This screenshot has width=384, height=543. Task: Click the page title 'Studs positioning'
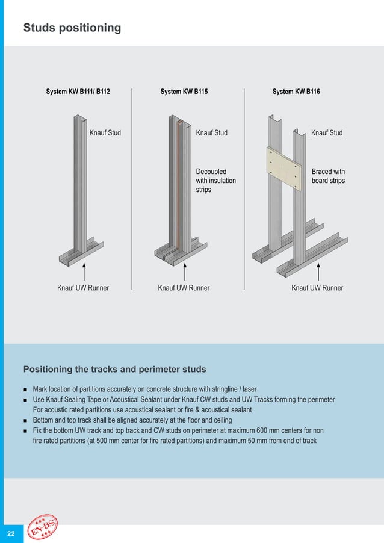(72, 28)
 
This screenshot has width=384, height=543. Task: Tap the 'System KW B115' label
(184, 92)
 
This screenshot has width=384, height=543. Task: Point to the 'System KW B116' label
(296, 92)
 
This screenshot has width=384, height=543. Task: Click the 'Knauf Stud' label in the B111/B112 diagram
(105, 133)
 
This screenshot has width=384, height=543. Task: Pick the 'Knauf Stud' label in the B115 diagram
(212, 133)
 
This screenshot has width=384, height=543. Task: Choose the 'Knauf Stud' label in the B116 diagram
(327, 133)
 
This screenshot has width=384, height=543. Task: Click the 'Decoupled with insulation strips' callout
(215, 181)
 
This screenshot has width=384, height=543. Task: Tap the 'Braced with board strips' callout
(328, 176)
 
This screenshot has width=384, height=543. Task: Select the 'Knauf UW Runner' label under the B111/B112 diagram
(83, 288)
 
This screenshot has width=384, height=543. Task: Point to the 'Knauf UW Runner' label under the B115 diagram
(184, 288)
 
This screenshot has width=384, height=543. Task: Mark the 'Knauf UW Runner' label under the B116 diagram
(317, 288)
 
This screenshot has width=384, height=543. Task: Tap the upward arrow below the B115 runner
(185, 271)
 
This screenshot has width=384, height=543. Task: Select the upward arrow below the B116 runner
(317, 271)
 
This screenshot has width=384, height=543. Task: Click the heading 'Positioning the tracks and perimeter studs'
(114, 369)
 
